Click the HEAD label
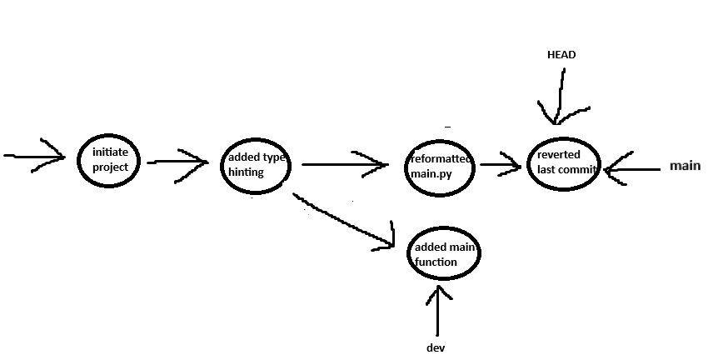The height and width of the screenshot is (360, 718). [x=561, y=55]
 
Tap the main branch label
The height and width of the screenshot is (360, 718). [x=685, y=167]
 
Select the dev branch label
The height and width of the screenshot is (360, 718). [x=436, y=347]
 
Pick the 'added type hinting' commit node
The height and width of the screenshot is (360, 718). [x=255, y=165]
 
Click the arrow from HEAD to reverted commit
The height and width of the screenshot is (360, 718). [x=561, y=96]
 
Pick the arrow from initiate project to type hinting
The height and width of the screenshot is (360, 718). [x=177, y=162]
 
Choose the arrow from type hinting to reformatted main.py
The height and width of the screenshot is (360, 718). [x=343, y=164]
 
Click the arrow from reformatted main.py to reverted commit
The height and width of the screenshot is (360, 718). [x=501, y=164]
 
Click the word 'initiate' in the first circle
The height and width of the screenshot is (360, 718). [x=110, y=152]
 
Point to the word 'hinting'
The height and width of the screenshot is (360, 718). [x=246, y=172]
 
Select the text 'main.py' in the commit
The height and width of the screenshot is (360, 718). [x=429, y=173]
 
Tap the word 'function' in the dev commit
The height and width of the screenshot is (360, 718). [x=436, y=262]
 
